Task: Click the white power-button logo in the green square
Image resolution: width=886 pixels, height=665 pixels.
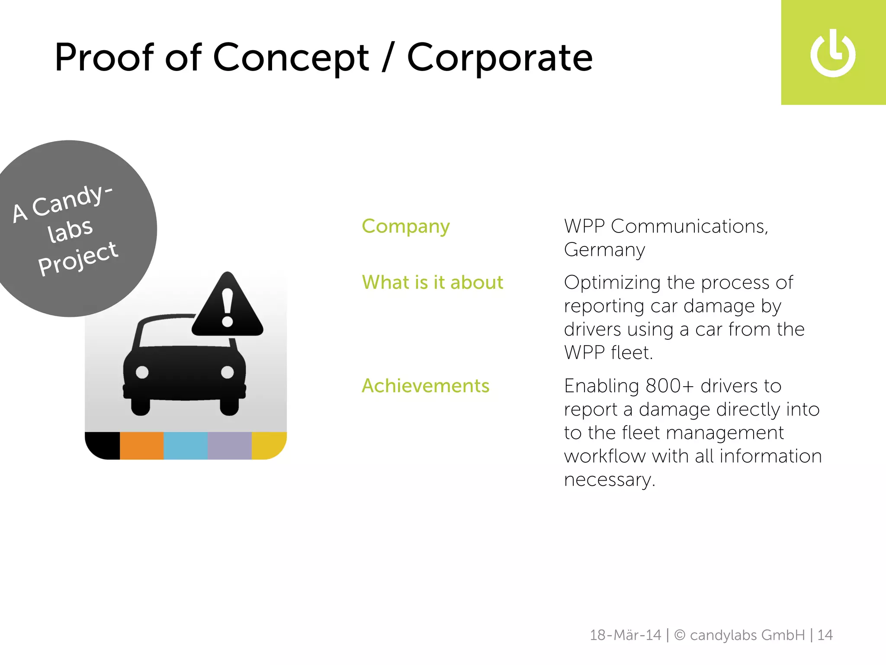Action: [x=833, y=54]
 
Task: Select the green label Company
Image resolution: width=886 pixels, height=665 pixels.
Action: [x=405, y=226]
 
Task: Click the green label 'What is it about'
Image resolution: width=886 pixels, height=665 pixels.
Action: [x=432, y=282]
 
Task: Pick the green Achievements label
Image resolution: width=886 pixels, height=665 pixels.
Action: [x=425, y=386]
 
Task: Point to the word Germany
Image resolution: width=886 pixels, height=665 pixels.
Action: [x=604, y=250]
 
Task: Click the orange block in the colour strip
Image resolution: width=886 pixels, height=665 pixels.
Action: [x=141, y=445]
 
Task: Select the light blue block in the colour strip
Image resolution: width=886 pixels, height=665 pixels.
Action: [x=186, y=445]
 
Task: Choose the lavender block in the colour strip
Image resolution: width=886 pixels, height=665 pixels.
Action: [x=230, y=445]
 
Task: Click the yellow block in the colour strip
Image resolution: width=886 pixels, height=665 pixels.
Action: [x=268, y=445]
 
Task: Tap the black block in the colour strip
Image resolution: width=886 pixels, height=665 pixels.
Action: [x=104, y=445]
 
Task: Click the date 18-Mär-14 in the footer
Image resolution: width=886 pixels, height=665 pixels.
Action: [x=625, y=635]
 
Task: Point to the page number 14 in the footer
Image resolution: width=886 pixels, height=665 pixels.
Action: [x=825, y=635]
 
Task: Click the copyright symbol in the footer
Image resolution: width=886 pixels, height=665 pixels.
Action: [x=680, y=635]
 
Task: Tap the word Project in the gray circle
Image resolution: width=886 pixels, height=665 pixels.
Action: [x=78, y=258]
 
